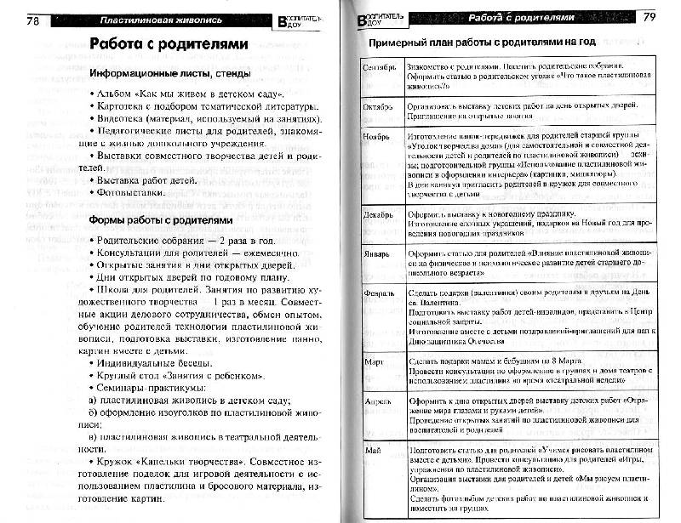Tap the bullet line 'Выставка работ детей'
coord(144,179)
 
